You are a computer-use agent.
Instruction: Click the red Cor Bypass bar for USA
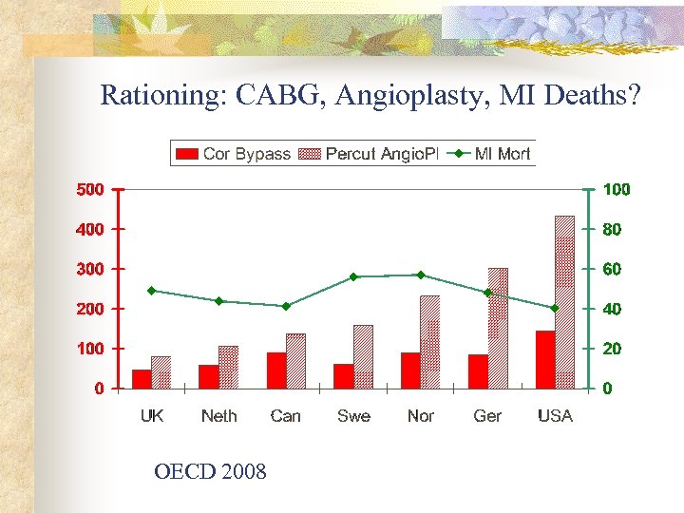coord(545,360)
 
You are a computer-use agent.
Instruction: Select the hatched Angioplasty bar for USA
coord(565,302)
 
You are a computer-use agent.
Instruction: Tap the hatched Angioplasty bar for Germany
coord(498,328)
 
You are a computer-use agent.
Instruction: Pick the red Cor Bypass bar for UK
coord(142,379)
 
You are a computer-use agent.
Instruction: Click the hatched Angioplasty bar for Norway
coord(430,342)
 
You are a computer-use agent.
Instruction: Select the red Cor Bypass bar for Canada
coord(276,370)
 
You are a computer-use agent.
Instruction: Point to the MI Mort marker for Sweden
coord(353,277)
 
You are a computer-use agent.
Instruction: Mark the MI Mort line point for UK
coord(152,291)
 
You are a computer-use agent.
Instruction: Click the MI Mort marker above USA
coord(555,308)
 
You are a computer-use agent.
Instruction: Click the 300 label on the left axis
coord(90,269)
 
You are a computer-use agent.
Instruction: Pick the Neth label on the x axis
coord(218,416)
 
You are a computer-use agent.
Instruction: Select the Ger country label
coord(487,416)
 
